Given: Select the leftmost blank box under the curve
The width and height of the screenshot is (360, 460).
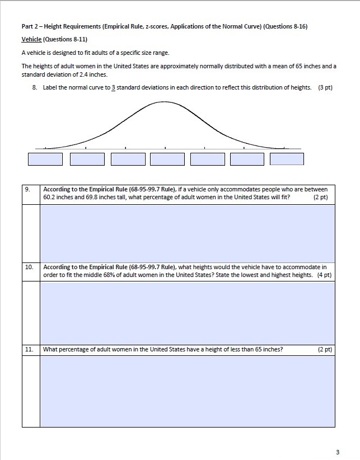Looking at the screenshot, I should click(45, 159).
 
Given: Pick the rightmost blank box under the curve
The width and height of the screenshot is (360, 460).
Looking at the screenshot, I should click(287, 159).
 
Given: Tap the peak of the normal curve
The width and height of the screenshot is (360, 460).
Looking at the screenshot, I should click(165, 103).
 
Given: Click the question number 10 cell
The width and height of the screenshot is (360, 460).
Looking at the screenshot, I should click(30, 267).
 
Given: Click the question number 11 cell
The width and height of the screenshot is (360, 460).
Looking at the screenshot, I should click(30, 350).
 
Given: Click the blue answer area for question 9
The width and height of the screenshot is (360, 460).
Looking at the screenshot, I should click(187, 232).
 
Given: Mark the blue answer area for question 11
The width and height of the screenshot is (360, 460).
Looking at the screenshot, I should click(187, 392).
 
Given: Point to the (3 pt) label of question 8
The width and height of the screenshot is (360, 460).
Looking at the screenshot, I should click(325, 88).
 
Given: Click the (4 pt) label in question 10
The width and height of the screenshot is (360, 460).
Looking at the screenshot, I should click(324, 275).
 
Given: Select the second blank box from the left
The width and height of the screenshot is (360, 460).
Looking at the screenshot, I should click(87, 159).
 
